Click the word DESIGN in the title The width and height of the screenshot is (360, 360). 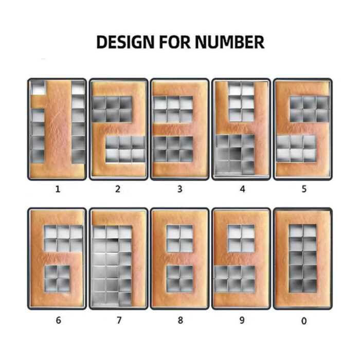(x=125, y=42)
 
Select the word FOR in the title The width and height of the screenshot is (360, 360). (x=175, y=42)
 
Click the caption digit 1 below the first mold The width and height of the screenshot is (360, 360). (x=58, y=189)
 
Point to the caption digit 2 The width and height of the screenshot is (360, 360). (x=118, y=189)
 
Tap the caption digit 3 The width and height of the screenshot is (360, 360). (x=180, y=189)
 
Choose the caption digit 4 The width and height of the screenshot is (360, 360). (x=242, y=189)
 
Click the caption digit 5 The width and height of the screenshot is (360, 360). (x=304, y=189)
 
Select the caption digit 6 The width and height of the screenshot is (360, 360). (x=59, y=320)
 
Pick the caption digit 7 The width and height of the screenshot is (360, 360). (x=119, y=320)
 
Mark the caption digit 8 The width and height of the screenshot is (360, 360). (x=181, y=320)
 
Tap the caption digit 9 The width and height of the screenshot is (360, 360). (x=242, y=320)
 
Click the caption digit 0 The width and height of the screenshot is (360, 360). (x=304, y=321)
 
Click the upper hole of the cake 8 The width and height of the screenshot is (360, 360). (x=180, y=238)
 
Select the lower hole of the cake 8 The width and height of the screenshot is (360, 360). (x=180, y=279)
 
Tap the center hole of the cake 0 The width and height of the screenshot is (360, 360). (x=303, y=259)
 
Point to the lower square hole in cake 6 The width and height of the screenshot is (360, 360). (x=57, y=279)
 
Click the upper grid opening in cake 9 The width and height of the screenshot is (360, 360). (x=241, y=238)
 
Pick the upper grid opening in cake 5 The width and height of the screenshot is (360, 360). (x=310, y=109)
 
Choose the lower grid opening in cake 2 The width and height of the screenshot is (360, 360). (x=125, y=149)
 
